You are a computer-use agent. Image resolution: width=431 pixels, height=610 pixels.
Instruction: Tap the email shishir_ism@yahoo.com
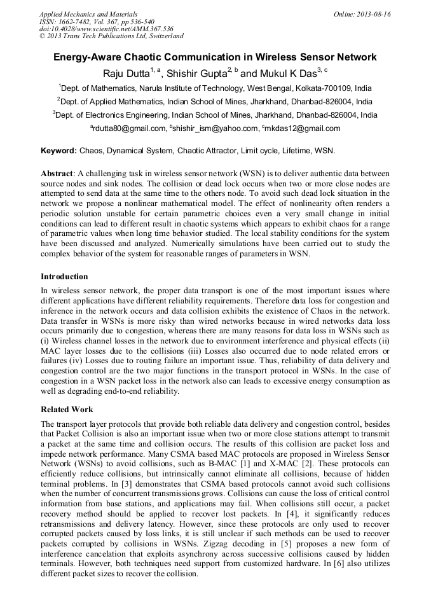(x=215, y=128)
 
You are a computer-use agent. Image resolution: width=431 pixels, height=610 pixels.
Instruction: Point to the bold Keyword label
(x=58, y=151)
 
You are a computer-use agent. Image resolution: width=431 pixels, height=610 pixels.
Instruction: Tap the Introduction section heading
(x=64, y=277)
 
